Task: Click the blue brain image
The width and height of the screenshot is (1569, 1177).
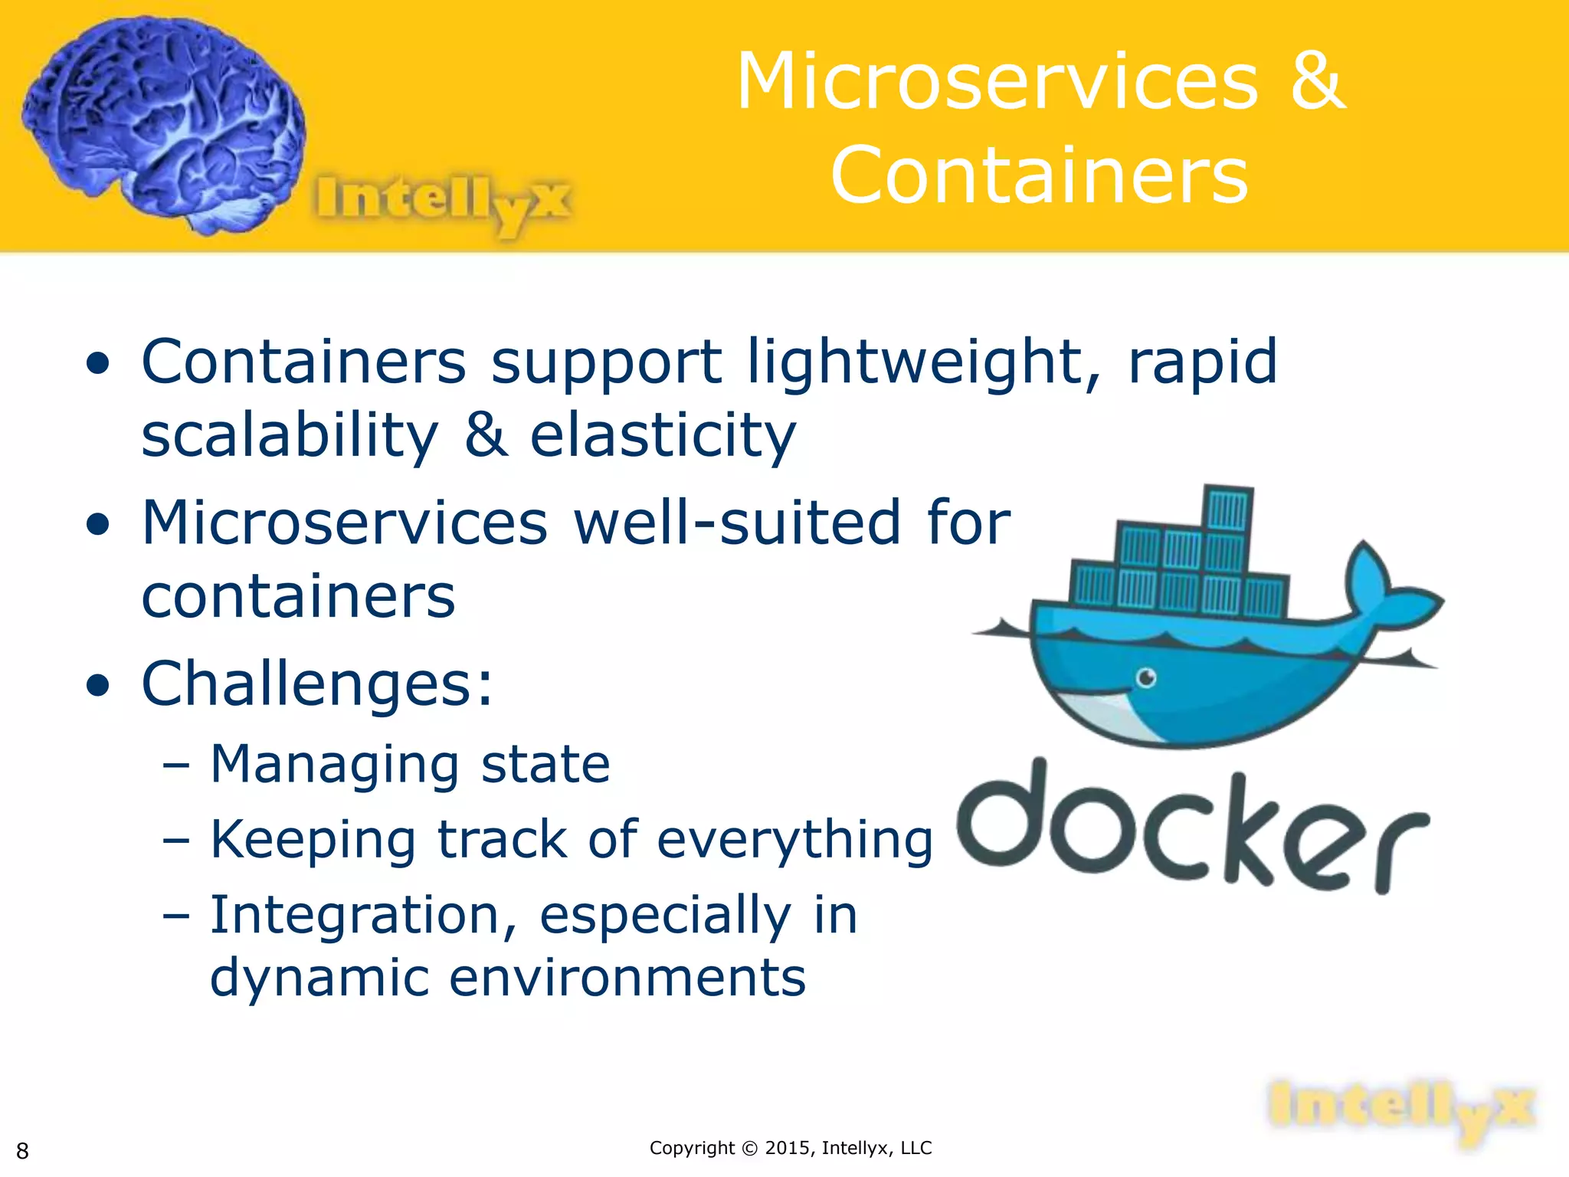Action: (165, 123)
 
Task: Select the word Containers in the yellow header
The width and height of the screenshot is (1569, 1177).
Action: (1040, 176)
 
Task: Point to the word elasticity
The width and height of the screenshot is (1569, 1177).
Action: (663, 435)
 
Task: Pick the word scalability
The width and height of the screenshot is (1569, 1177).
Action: (290, 435)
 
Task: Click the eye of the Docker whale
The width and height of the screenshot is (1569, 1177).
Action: (1146, 677)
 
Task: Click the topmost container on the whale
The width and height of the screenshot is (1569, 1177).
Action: (1228, 509)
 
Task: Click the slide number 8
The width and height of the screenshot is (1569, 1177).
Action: (22, 1150)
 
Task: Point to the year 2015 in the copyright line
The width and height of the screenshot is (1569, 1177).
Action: (787, 1148)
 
